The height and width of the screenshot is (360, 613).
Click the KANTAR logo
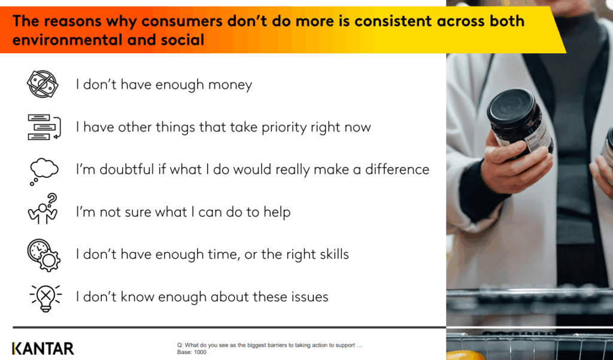tap(43, 348)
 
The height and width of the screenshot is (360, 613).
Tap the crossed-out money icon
tap(43, 84)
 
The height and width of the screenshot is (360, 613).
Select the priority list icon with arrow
tap(44, 127)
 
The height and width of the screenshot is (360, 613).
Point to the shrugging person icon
tap(43, 209)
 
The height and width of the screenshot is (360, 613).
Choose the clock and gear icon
tap(44, 255)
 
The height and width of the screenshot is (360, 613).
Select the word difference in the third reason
tap(397, 170)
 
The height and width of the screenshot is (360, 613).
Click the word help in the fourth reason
tap(277, 213)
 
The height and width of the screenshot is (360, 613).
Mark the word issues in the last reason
tap(309, 297)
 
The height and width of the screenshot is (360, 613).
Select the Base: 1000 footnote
tap(192, 352)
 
